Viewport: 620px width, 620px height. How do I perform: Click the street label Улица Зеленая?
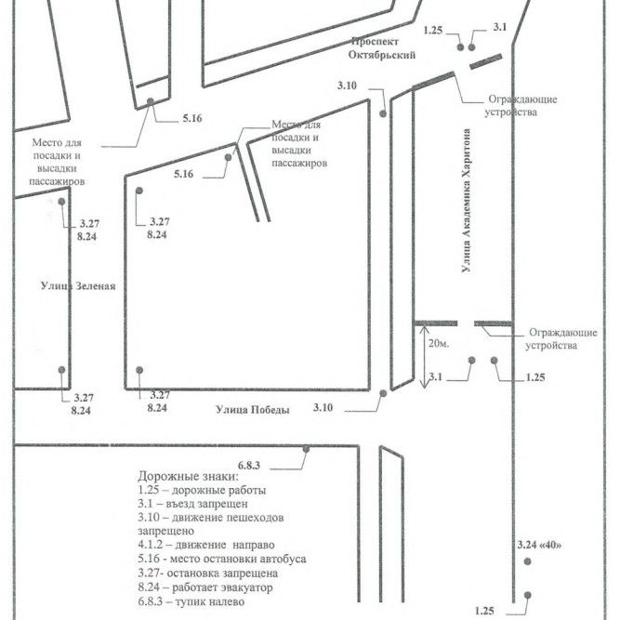tap(78, 286)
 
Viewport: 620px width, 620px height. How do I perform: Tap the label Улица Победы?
tap(253, 410)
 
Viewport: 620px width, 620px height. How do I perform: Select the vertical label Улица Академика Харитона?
tap(467, 201)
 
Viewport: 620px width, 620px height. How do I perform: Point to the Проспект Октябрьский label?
tap(381, 47)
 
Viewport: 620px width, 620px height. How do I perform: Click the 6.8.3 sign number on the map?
tap(249, 466)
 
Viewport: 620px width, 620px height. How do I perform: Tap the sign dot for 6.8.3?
tap(306, 449)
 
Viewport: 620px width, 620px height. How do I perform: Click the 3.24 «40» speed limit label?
tap(539, 545)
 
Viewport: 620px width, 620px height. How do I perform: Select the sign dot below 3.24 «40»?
tap(527, 561)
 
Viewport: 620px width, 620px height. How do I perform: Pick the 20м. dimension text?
tap(439, 343)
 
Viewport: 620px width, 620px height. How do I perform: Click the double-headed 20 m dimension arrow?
tap(424, 356)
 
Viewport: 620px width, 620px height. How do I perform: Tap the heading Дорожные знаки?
tap(188, 476)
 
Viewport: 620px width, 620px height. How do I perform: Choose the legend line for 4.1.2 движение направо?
tap(206, 545)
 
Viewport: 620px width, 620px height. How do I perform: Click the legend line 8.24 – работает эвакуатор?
tap(205, 587)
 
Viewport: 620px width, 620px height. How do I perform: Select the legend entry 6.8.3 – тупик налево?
tap(191, 601)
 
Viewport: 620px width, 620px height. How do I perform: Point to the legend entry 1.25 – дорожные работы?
tap(202, 490)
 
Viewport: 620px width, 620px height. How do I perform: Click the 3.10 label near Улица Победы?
tap(323, 407)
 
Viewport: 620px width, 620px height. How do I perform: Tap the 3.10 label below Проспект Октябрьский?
tap(347, 86)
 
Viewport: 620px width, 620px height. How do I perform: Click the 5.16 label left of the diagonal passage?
tap(184, 174)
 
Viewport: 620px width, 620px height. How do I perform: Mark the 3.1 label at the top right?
tap(500, 27)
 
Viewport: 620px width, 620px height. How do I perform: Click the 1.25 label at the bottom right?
tap(484, 611)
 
